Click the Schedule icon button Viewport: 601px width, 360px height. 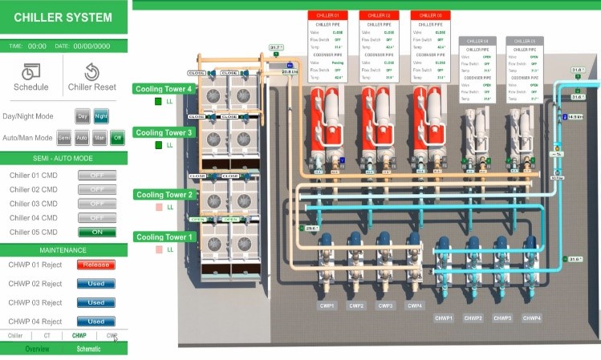point(31,76)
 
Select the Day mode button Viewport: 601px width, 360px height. point(82,116)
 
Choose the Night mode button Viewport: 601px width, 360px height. point(100,116)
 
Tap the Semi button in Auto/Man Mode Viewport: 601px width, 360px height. point(63,138)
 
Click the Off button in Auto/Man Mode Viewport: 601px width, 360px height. point(117,138)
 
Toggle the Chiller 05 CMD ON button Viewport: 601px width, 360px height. point(96,233)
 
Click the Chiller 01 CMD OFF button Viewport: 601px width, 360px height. point(96,175)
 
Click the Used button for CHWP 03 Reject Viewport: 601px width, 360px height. point(96,303)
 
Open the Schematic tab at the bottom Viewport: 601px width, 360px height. point(88,350)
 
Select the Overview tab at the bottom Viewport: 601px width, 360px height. point(37,350)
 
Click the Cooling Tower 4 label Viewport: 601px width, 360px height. point(164,89)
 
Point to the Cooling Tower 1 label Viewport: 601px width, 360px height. point(164,237)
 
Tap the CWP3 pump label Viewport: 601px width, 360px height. point(385,305)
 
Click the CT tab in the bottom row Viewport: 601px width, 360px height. point(47,336)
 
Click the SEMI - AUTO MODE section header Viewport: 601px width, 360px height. point(62,158)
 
